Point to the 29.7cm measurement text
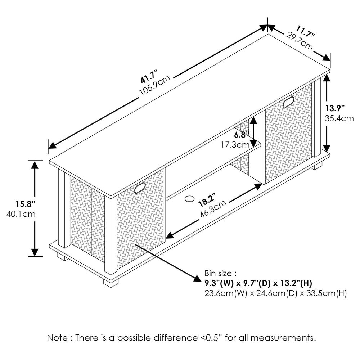(x=300, y=41)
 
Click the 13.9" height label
(x=335, y=108)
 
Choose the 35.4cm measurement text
(x=339, y=118)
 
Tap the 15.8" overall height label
(x=25, y=203)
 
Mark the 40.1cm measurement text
(x=21, y=214)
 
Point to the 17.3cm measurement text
(x=235, y=145)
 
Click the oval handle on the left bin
(x=140, y=188)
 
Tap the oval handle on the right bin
(x=288, y=102)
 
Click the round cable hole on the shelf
(x=190, y=199)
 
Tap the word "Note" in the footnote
(x=57, y=338)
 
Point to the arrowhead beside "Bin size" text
(x=197, y=278)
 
